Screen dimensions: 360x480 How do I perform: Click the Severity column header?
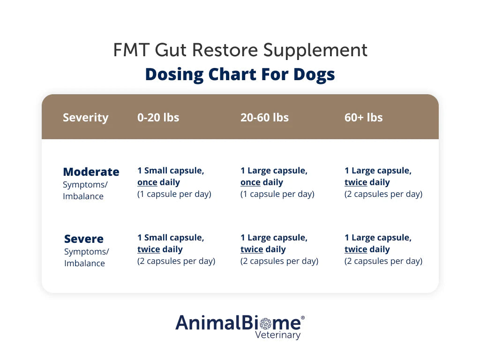(x=85, y=117)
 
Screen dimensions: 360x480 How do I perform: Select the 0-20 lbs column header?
(x=158, y=117)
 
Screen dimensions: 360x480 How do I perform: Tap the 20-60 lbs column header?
(x=264, y=117)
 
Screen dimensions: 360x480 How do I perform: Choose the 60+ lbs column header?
(x=363, y=117)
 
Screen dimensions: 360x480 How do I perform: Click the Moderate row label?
(x=91, y=172)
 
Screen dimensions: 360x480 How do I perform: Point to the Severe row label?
(x=84, y=239)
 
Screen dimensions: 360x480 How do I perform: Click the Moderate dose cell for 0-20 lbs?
(x=174, y=182)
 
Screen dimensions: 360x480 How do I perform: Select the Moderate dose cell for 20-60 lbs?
(x=277, y=182)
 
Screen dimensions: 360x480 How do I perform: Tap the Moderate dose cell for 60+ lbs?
(x=383, y=182)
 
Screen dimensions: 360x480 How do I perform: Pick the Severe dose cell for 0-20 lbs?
(x=176, y=249)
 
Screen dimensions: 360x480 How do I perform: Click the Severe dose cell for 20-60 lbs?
(x=279, y=249)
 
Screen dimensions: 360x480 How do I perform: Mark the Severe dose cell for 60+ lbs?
(x=383, y=249)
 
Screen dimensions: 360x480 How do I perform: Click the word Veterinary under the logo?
(x=277, y=335)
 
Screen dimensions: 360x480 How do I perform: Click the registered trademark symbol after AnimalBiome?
(x=302, y=317)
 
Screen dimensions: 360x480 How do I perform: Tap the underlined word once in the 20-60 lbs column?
(x=250, y=182)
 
